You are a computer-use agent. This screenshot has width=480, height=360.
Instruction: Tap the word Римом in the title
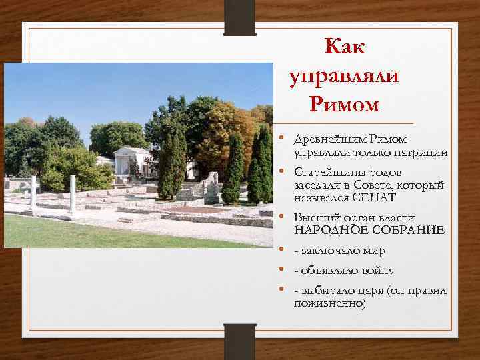pyautogui.click(x=344, y=105)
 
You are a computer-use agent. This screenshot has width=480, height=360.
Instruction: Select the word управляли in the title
pyautogui.click(x=345, y=77)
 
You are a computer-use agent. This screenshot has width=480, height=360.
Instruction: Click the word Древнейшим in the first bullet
pyautogui.click(x=323, y=139)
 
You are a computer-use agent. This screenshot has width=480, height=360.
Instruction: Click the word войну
pyautogui.click(x=373, y=271)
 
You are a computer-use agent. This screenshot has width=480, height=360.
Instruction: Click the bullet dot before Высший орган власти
pyautogui.click(x=283, y=217)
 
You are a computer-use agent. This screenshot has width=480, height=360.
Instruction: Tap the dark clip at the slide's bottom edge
pyautogui.click(x=239, y=341)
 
